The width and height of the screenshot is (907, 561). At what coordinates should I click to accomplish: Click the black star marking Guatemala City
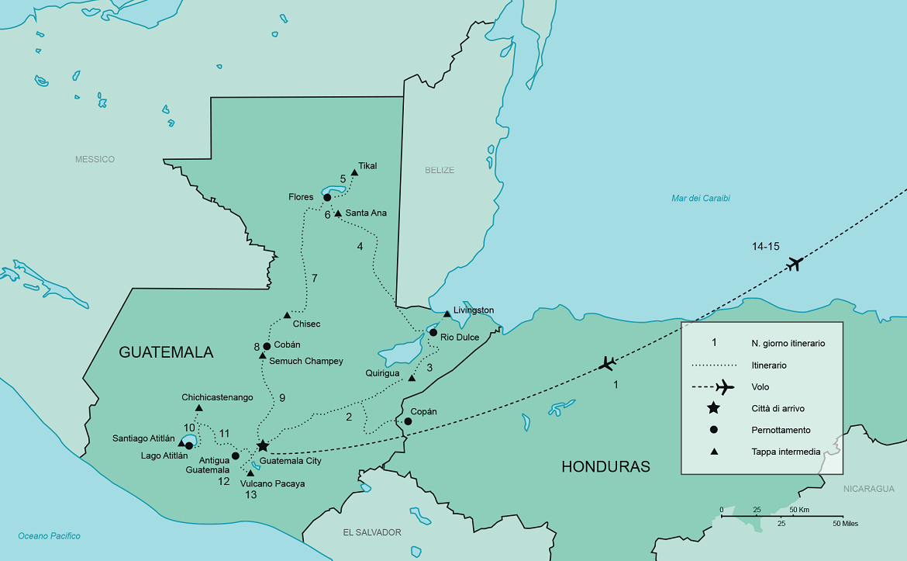[263, 445]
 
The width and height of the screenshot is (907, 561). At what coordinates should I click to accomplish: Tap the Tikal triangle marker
[354, 173]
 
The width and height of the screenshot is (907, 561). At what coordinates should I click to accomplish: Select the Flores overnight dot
[327, 197]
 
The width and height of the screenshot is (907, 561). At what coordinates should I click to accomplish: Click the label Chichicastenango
[217, 397]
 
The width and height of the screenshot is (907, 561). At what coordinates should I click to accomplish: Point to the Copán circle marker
[408, 421]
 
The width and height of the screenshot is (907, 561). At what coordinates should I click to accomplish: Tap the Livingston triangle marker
[447, 314]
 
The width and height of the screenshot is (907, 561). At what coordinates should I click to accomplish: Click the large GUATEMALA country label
[166, 352]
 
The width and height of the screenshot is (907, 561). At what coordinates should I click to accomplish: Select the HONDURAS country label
[605, 466]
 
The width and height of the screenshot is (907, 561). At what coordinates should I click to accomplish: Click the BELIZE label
[440, 170]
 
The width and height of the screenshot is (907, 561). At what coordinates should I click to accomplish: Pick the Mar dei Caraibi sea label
[700, 198]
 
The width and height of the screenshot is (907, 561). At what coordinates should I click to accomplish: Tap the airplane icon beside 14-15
[793, 264]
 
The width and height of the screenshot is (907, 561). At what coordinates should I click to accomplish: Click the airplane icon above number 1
[608, 362]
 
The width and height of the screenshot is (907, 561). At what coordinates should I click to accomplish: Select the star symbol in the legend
[714, 408]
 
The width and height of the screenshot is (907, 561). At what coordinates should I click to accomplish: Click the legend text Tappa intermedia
[785, 452]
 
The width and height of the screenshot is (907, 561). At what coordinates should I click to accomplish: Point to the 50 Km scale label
[798, 510]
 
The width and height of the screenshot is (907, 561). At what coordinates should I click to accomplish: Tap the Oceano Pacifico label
[49, 536]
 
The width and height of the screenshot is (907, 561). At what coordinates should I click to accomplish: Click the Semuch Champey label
[305, 361]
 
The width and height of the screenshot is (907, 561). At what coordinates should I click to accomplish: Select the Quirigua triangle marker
[411, 379]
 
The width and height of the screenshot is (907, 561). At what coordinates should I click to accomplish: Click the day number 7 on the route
[314, 278]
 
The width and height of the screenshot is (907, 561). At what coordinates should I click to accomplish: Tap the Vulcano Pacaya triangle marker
[250, 473]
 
